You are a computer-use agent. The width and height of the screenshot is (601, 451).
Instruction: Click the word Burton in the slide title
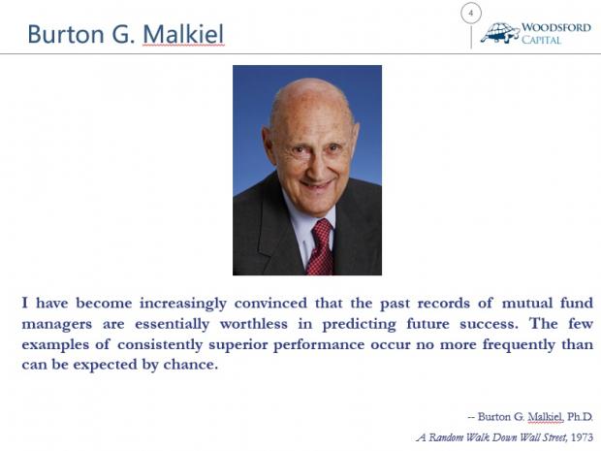click(66, 34)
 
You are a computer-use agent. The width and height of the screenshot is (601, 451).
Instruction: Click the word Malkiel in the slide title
click(183, 34)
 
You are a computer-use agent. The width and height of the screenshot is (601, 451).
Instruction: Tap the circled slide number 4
click(471, 13)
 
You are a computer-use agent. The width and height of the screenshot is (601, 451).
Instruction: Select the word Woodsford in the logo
click(556, 27)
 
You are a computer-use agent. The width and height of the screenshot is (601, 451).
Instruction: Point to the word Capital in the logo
click(541, 40)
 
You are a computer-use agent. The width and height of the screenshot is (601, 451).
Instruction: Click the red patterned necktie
click(321, 247)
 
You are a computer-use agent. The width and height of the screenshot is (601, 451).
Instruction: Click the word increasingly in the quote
click(183, 304)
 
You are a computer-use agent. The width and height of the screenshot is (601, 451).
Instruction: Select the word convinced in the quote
click(270, 304)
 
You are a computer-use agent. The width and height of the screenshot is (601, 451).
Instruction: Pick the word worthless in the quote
click(254, 324)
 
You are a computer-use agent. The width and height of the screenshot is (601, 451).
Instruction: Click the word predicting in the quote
click(359, 325)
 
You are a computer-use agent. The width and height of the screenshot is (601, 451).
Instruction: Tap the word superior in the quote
click(238, 344)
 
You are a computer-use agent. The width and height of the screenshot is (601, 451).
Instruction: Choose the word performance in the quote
click(319, 344)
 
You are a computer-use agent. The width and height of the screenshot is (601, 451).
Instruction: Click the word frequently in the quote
click(519, 344)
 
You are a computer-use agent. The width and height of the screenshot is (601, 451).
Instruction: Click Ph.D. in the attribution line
click(580, 417)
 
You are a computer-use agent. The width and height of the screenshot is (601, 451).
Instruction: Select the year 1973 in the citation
click(582, 437)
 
